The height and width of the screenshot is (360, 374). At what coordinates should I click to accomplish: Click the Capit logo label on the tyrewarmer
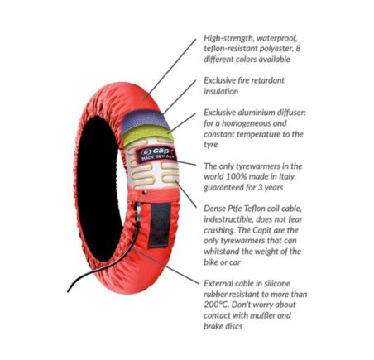156,155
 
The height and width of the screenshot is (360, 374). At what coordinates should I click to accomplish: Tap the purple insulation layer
145,120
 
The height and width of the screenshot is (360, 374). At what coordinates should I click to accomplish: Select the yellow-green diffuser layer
148,136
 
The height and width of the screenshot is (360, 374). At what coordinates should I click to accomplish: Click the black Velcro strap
160,225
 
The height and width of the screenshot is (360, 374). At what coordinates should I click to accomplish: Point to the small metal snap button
144,193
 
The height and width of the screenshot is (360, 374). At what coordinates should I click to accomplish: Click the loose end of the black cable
68,291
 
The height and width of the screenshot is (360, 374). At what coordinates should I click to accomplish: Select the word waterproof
276,38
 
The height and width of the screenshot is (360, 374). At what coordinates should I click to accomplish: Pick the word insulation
221,91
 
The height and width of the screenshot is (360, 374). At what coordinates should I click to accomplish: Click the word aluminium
257,113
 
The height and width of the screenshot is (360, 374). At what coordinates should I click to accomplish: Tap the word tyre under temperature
211,145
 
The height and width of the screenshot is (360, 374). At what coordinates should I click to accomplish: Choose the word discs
234,326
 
